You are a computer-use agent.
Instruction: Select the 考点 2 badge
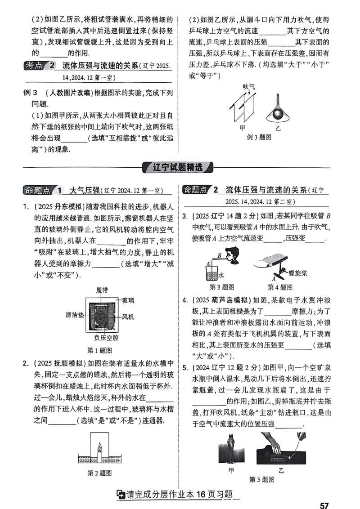[x=39, y=66]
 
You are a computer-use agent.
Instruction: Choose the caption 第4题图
[x=280, y=287]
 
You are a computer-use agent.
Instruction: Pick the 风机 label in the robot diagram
[x=129, y=317]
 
